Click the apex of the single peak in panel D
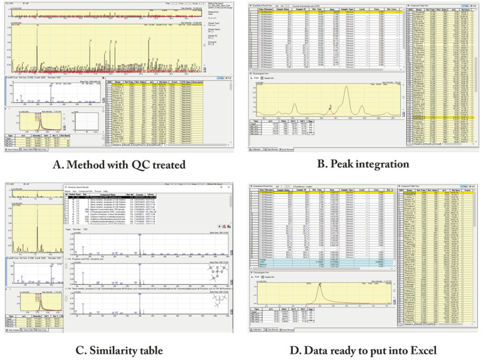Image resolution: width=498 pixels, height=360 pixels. tap(318, 285)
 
